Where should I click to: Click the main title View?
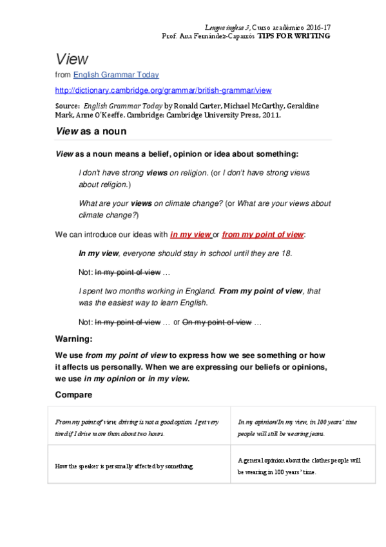pos(71,59)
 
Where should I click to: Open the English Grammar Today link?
pos(116,75)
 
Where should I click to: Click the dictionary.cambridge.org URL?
pos(164,90)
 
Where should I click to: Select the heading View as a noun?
pos(91,131)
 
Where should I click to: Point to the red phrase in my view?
pos(191,234)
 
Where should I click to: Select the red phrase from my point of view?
pos(262,234)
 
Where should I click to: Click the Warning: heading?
pos(74,338)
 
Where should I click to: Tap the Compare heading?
pos(73,394)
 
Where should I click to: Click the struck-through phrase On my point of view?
pos(217,322)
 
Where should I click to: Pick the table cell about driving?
pos(139,427)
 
